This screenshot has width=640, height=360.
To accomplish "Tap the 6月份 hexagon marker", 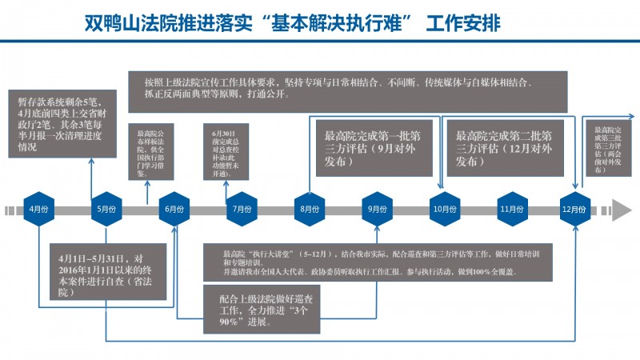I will click(x=174, y=210).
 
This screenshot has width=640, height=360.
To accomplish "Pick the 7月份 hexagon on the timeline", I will click(x=241, y=210).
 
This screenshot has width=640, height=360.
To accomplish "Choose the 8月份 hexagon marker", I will click(x=308, y=210).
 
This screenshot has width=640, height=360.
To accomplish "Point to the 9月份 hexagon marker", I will click(x=375, y=210).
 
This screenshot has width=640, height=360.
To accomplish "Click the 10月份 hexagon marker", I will click(x=443, y=210).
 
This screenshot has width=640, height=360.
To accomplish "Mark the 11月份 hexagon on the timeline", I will click(x=510, y=210).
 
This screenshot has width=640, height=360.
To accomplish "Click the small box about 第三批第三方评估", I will click(x=612, y=148).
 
